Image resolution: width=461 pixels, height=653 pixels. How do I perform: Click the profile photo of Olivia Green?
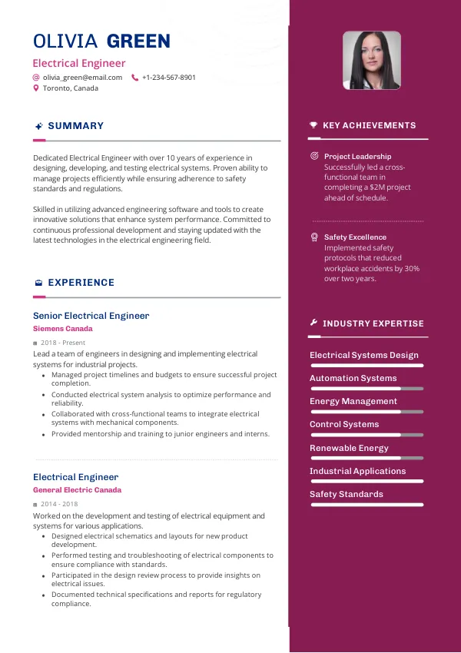coord(371,61)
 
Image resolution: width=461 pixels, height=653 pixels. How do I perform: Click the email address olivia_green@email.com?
coord(82,78)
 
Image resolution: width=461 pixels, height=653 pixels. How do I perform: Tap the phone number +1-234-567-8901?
coord(169,78)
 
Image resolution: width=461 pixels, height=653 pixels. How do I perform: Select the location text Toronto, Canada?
coord(71,88)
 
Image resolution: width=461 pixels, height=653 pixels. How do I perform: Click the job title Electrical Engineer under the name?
coord(79,64)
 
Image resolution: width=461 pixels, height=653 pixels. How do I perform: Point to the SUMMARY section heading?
coord(75,126)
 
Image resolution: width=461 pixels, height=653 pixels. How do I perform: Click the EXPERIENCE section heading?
coord(81,283)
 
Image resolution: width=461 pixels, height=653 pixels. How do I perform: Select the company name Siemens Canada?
coord(62,329)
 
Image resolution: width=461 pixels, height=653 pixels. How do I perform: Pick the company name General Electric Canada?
coord(77,490)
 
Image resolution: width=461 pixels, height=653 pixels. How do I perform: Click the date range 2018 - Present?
coord(63,343)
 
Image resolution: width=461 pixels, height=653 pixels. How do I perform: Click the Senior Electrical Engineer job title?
coord(91,316)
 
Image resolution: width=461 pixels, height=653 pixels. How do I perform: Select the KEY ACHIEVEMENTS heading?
coord(369,125)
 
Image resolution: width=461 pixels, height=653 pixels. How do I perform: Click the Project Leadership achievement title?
coord(357,157)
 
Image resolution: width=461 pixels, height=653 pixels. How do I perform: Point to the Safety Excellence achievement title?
coord(355,237)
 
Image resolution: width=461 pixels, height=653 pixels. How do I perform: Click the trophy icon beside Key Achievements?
coord(313,125)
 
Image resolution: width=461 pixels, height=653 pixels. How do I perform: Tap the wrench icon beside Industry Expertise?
coord(313,323)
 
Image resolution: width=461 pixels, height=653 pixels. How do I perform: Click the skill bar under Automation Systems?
coord(366,389)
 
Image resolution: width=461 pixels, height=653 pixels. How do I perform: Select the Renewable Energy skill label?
coord(349,448)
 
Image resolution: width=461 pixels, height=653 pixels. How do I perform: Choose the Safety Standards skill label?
coord(346,494)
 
